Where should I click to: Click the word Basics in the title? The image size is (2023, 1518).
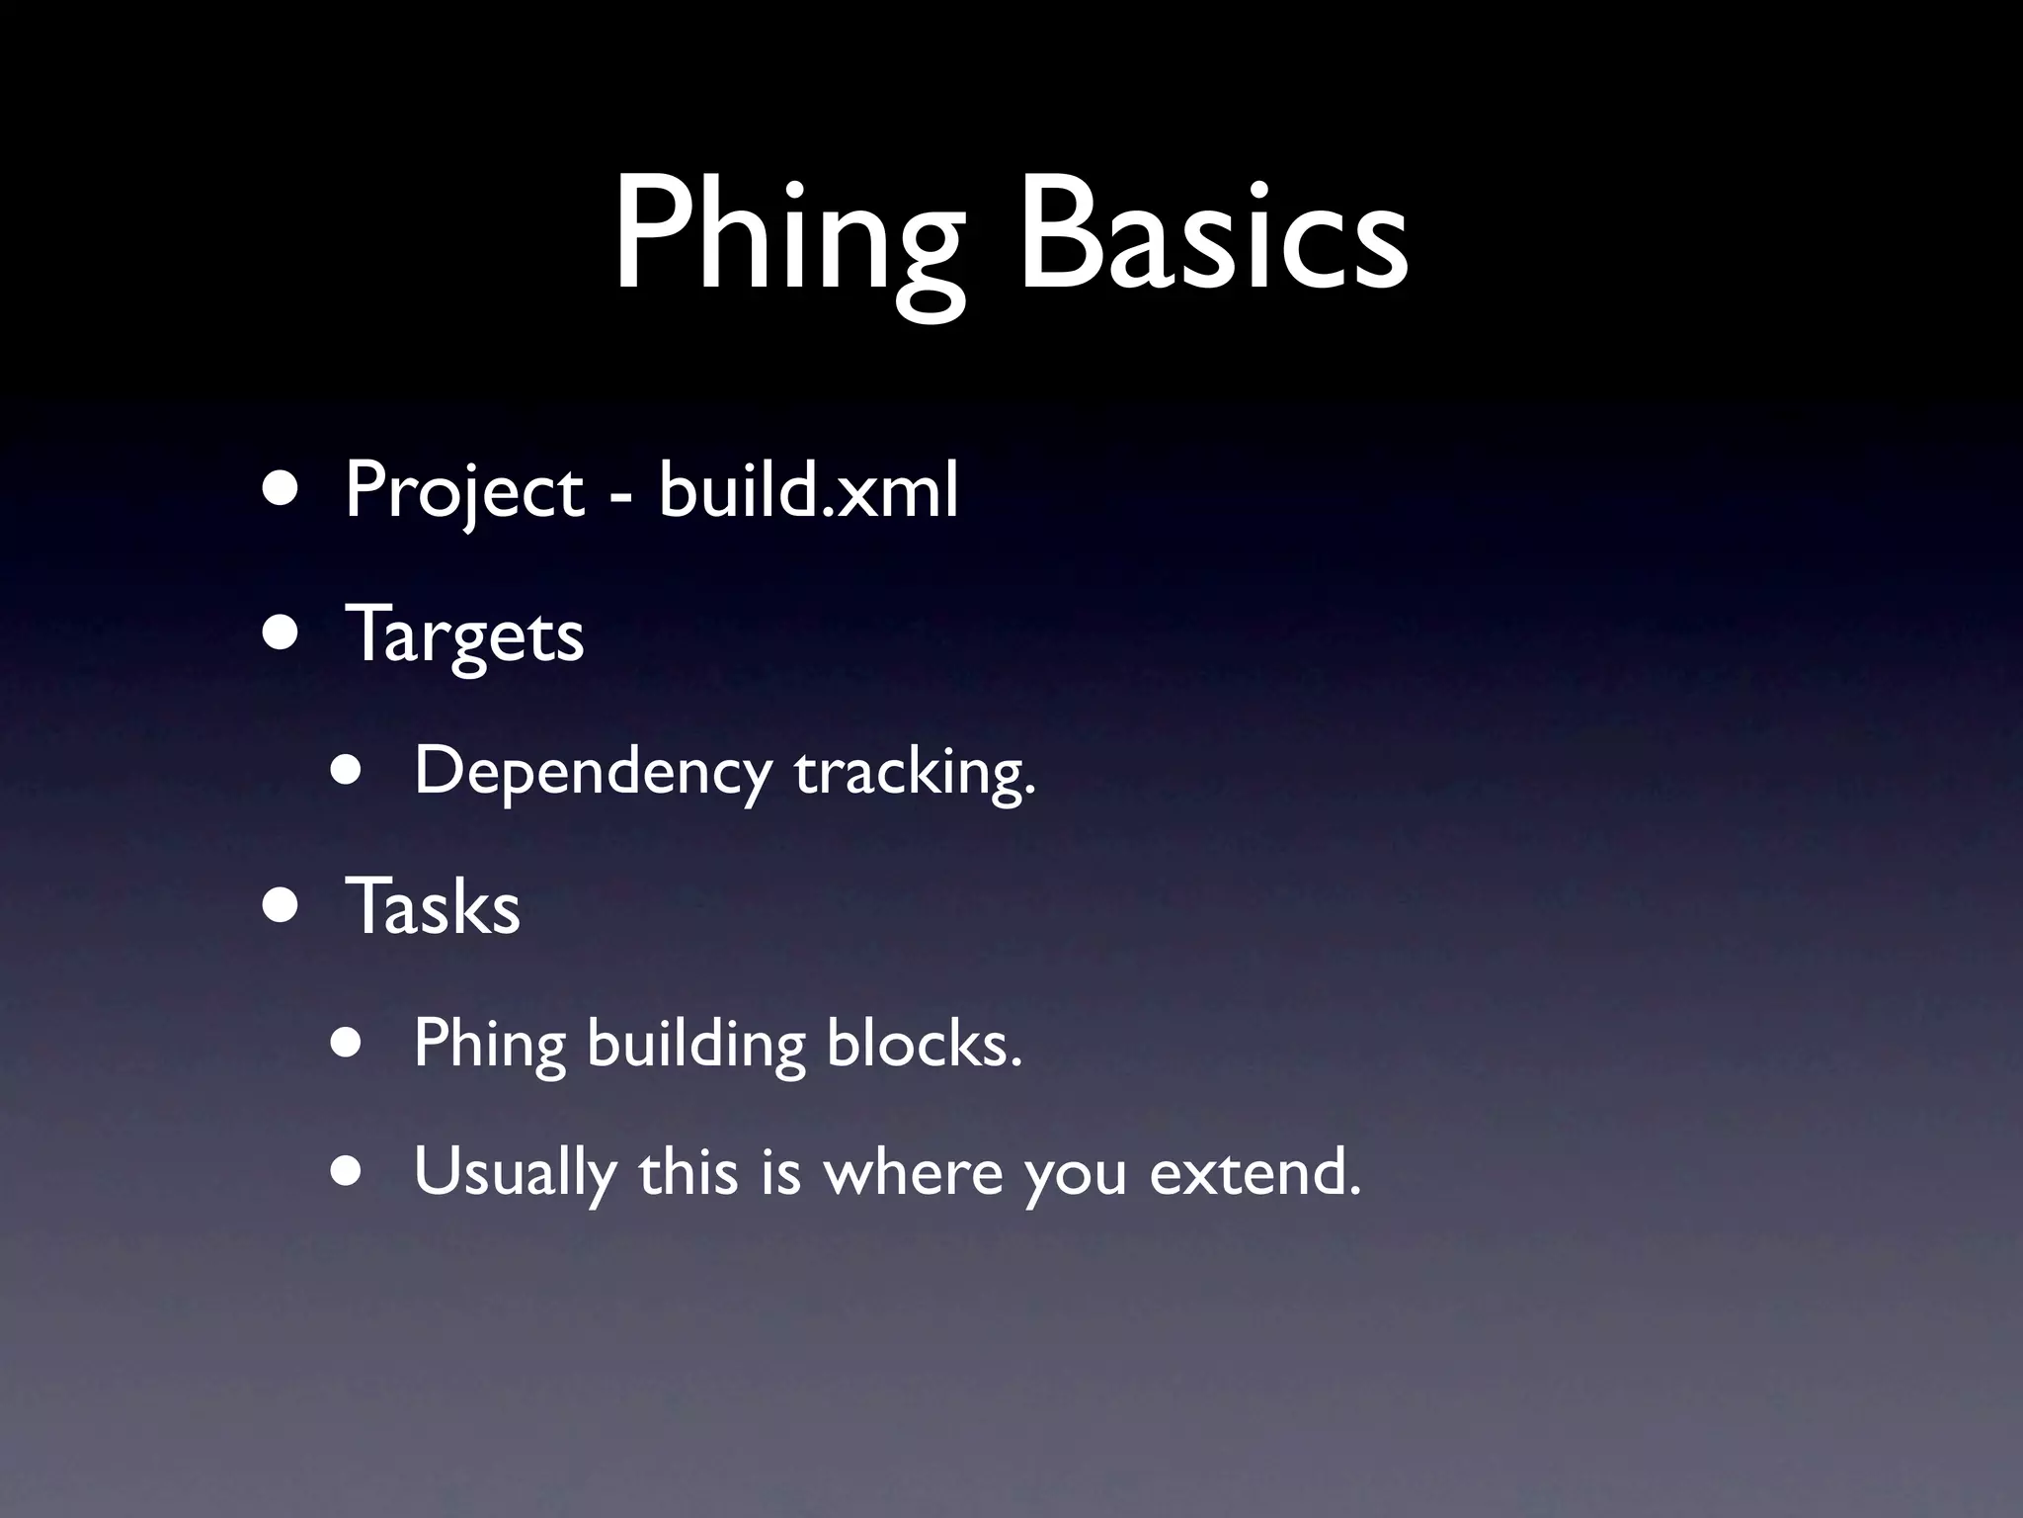(x=1213, y=237)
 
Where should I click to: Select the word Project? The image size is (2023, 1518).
(x=464, y=491)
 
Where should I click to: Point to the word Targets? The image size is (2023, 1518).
(x=464, y=635)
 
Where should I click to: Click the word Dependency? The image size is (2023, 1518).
(x=592, y=772)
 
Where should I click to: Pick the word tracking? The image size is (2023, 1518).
(x=915, y=772)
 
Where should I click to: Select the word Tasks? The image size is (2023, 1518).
(x=433, y=906)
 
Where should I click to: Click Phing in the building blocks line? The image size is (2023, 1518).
(x=489, y=1044)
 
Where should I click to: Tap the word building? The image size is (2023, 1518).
(x=696, y=1044)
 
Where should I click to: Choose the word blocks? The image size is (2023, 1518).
(x=924, y=1044)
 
